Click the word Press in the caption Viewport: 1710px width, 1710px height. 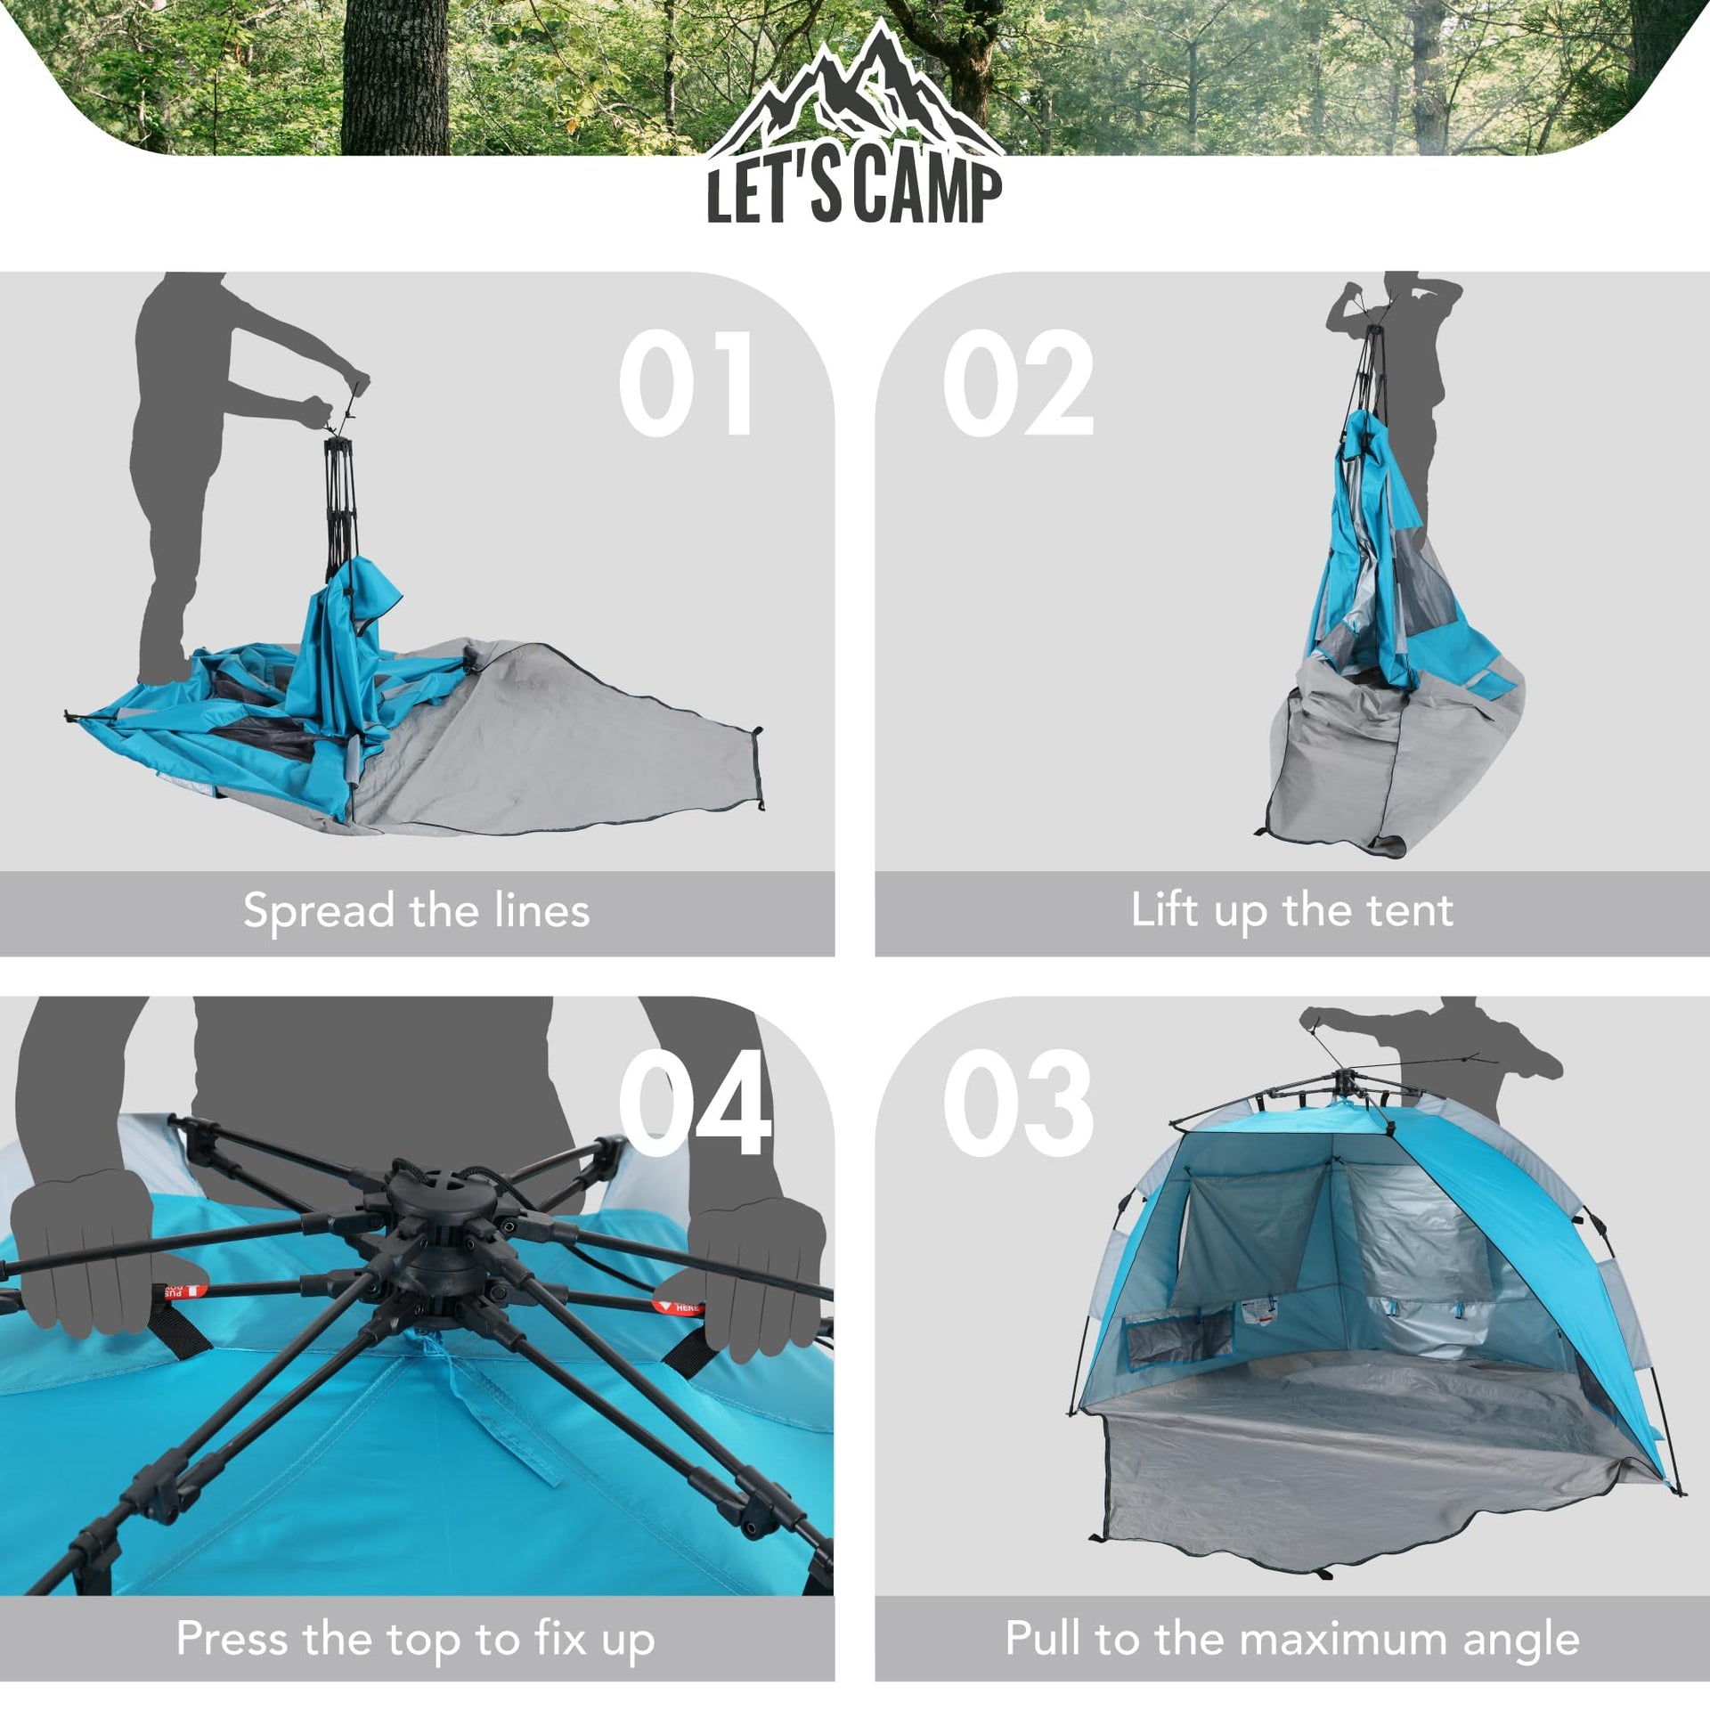(x=232, y=1638)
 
